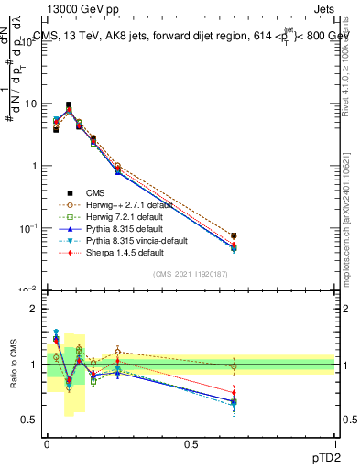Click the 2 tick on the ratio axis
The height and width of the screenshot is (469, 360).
click(x=34, y=309)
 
